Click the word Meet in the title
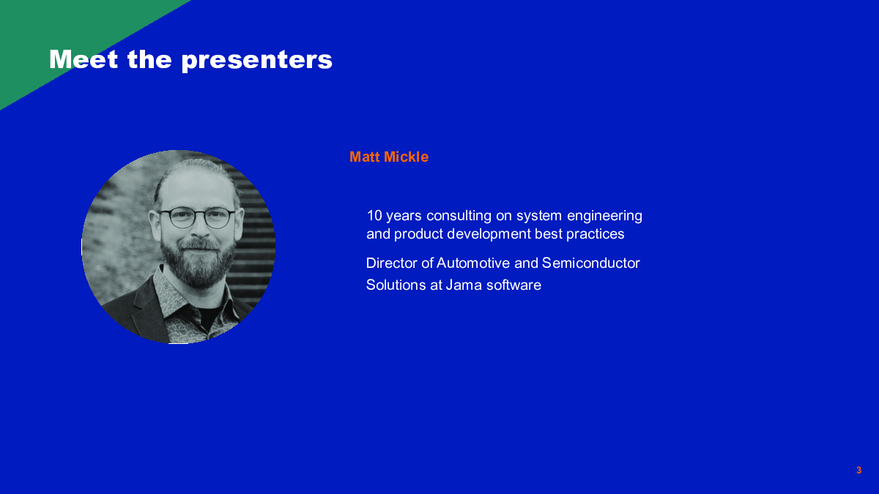[x=84, y=59]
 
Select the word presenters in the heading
[x=256, y=61]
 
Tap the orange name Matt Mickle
[x=389, y=157]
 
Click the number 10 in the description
[x=374, y=216]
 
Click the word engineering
[x=605, y=217]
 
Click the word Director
[x=392, y=263]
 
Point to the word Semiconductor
[x=591, y=263]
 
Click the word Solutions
[x=396, y=285]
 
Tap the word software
[x=513, y=285]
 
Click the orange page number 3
[x=859, y=470]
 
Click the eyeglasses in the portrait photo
[x=196, y=217]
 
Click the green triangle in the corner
[x=59, y=35]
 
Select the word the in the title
[x=149, y=59]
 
